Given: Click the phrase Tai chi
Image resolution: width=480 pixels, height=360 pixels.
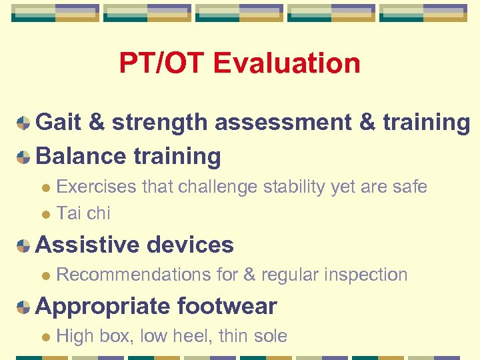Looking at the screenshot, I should click(83, 213).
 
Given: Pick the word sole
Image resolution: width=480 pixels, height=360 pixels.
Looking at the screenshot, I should click(269, 336).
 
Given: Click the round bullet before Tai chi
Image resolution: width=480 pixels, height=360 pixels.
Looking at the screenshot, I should click(45, 214).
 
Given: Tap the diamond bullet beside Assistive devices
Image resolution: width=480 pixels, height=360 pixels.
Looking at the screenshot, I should click(23, 246).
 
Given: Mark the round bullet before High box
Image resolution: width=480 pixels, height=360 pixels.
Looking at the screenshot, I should click(45, 337).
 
